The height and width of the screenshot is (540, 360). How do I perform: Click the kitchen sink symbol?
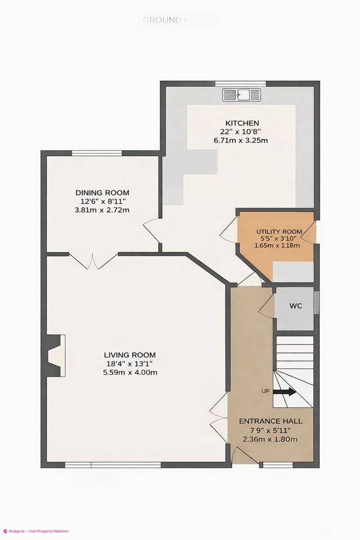click(x=242, y=94)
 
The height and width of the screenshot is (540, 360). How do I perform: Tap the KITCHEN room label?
click(x=242, y=123)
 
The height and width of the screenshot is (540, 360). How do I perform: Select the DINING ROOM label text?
click(x=105, y=193)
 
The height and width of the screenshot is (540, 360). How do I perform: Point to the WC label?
click(x=295, y=306)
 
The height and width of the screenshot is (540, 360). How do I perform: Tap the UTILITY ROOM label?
click(x=277, y=232)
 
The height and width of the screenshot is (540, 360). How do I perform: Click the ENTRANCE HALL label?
click(x=270, y=422)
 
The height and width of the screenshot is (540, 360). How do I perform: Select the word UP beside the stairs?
click(x=265, y=391)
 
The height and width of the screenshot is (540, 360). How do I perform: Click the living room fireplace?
click(x=55, y=355)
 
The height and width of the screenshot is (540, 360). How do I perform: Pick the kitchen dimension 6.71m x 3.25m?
click(x=241, y=140)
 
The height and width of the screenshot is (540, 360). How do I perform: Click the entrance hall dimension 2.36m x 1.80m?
click(x=270, y=439)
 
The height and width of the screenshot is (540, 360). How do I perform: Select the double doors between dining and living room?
click(x=94, y=261)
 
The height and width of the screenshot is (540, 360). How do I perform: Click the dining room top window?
click(x=96, y=153)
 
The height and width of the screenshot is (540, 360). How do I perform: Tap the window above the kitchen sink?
click(x=240, y=83)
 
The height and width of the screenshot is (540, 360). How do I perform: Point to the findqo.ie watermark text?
click(x=36, y=531)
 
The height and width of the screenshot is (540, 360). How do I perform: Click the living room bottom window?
click(x=112, y=464)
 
